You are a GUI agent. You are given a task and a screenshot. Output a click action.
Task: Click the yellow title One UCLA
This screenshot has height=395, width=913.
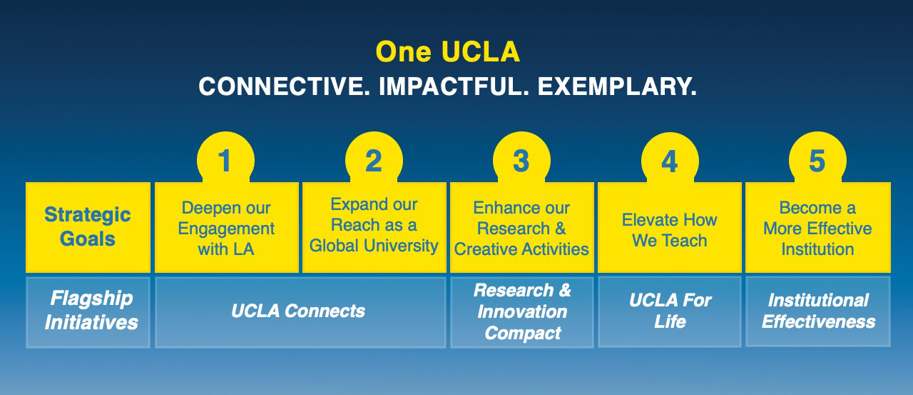click(447, 52)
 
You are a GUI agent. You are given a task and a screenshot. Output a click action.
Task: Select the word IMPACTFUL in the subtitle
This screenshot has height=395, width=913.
click(454, 87)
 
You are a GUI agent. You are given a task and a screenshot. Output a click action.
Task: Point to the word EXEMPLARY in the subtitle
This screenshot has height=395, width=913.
click(616, 87)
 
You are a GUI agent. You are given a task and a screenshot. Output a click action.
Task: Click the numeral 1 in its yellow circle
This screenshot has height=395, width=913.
click(225, 161)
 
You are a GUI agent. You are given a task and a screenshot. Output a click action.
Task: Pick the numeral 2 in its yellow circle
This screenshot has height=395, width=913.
click(373, 161)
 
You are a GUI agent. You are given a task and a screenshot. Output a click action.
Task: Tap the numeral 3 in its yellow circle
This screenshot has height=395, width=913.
click(521, 161)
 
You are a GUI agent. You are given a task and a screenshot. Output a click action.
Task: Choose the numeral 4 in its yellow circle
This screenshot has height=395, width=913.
click(669, 161)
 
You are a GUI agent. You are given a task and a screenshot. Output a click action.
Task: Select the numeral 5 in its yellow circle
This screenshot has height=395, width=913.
click(817, 161)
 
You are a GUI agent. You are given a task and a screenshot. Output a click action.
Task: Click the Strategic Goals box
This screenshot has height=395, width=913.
click(88, 226)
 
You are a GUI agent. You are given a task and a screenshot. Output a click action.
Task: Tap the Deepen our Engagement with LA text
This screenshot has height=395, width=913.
click(226, 229)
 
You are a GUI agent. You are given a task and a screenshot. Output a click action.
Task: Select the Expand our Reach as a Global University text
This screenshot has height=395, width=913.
click(374, 225)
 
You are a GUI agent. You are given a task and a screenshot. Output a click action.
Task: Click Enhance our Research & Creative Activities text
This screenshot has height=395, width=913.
click(521, 229)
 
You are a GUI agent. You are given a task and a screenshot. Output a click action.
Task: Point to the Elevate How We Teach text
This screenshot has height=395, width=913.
click(669, 230)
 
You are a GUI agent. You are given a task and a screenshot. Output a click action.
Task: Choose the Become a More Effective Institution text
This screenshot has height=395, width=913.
click(817, 229)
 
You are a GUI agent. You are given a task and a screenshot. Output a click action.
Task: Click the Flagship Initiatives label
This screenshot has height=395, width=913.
click(91, 311)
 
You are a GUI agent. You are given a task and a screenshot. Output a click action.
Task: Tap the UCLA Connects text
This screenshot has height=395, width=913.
click(298, 311)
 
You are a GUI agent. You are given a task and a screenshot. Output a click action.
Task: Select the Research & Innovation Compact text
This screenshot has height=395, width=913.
click(522, 311)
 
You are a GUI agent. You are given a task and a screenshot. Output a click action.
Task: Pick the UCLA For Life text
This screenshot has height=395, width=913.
click(670, 311)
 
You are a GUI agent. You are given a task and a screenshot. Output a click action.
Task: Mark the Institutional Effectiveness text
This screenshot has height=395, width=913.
click(818, 311)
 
